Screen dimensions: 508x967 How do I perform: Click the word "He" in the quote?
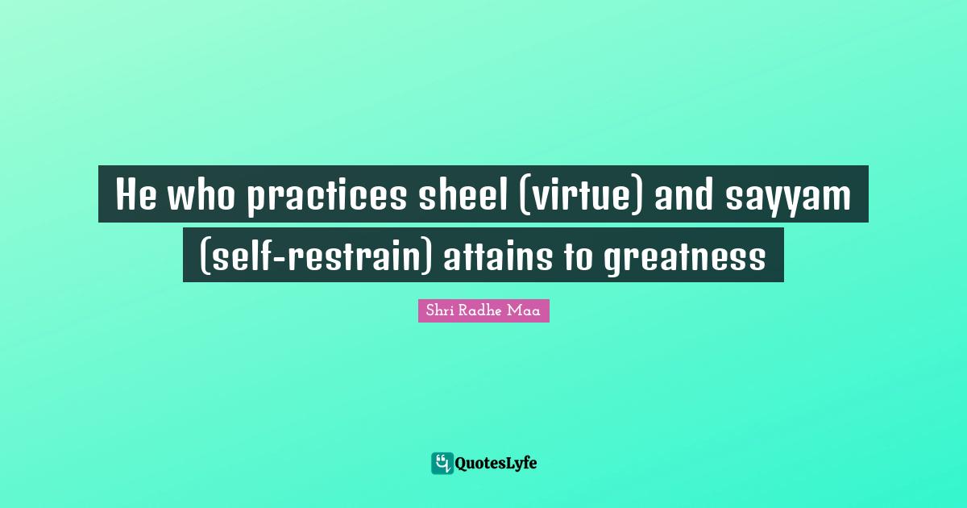135,195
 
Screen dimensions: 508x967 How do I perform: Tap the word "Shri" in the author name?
438,310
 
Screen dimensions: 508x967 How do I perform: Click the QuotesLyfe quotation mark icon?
442,463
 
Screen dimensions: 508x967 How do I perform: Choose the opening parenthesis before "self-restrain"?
203,256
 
